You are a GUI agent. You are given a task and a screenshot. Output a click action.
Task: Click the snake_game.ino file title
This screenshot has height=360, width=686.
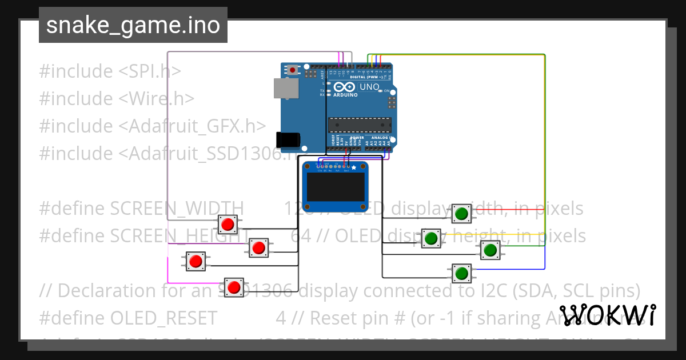[133, 26]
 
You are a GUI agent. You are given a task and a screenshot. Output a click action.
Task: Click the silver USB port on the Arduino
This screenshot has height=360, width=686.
[286, 88]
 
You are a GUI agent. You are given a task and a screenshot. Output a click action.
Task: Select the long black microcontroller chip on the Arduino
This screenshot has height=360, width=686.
[360, 125]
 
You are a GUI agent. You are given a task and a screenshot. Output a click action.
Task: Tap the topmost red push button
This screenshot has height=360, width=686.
[228, 225]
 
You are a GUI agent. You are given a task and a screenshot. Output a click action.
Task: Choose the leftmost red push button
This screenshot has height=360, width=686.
[196, 261]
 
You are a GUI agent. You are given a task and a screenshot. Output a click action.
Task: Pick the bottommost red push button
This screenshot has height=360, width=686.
[233, 287]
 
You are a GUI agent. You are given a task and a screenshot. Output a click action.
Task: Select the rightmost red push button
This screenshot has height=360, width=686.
[258, 248]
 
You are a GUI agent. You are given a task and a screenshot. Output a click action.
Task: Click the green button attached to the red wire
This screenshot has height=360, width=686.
[461, 214]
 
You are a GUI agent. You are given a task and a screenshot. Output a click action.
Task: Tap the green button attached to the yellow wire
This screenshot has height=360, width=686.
[431, 238]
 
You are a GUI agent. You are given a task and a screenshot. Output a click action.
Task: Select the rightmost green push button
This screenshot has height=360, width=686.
[490, 250]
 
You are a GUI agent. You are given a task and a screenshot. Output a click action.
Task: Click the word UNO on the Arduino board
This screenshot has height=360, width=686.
[369, 87]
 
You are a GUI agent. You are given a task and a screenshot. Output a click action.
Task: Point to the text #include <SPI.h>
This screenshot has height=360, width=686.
[110, 71]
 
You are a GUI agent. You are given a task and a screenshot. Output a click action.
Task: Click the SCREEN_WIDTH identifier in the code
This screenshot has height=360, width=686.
[177, 209]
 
